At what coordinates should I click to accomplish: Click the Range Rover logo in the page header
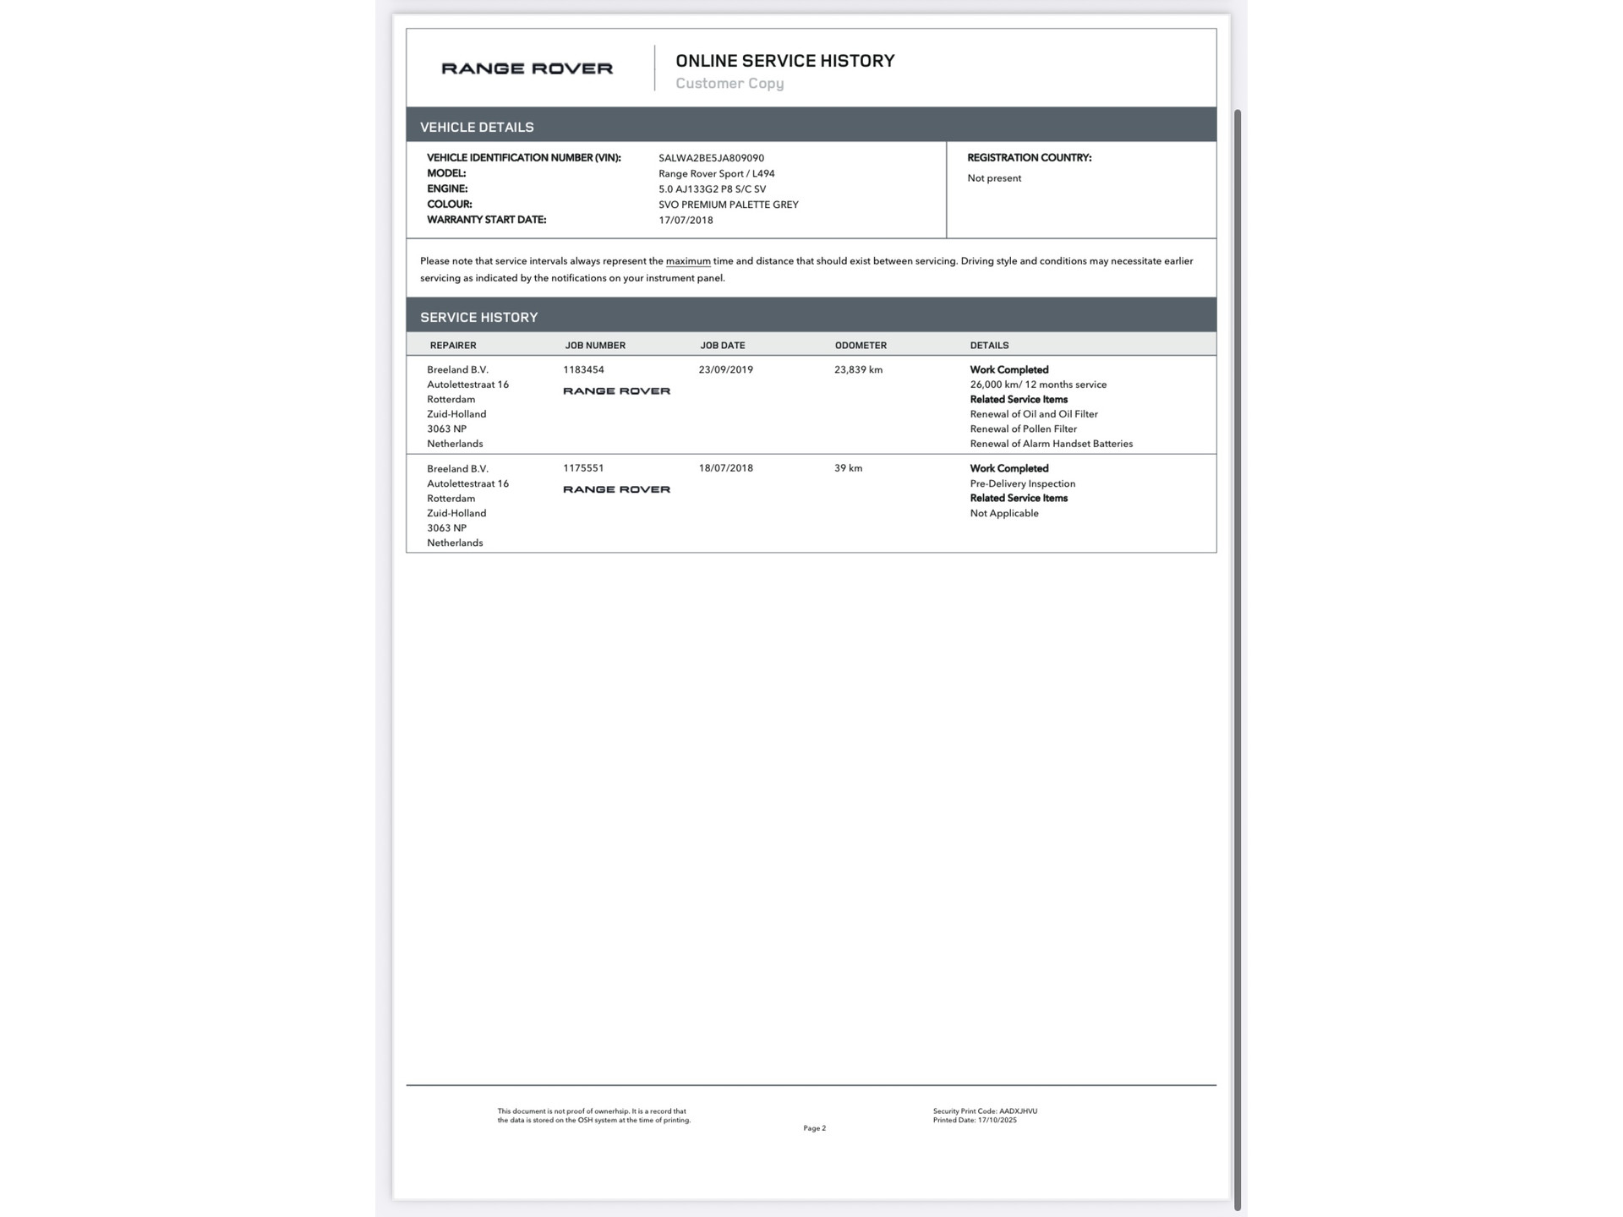click(527, 68)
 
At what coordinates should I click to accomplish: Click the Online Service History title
click(784, 61)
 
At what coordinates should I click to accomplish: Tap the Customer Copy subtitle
click(730, 84)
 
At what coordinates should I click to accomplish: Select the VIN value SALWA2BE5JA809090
click(711, 158)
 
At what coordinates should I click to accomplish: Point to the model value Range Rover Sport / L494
click(716, 173)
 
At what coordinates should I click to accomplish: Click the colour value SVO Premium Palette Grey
click(728, 205)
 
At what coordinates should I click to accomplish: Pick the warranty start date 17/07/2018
click(686, 220)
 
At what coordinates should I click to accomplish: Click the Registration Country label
click(1029, 158)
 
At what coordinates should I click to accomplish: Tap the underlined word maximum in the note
click(687, 261)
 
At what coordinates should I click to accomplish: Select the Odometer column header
click(861, 345)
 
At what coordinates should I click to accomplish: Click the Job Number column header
click(595, 345)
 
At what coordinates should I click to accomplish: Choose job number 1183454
click(583, 369)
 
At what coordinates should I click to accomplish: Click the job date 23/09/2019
click(725, 369)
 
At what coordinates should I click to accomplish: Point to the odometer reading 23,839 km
click(858, 369)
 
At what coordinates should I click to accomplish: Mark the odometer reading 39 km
click(848, 468)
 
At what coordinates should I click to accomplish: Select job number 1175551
click(583, 468)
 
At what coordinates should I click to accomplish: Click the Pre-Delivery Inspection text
click(1022, 483)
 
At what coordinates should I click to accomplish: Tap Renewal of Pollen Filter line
click(1023, 428)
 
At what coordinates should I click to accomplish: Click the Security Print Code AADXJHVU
click(985, 1111)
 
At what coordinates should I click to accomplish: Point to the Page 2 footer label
click(814, 1128)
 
